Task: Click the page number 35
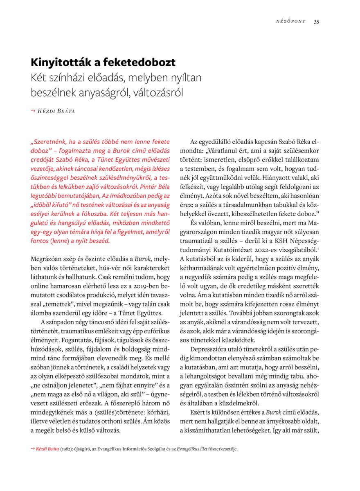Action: click(x=317, y=22)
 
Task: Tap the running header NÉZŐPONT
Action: click(x=290, y=22)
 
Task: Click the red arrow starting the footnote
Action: click(x=33, y=449)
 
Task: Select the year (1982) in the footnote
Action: click(x=66, y=449)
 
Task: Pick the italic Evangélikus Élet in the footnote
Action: click(x=193, y=449)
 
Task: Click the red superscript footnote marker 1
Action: click(x=318, y=248)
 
